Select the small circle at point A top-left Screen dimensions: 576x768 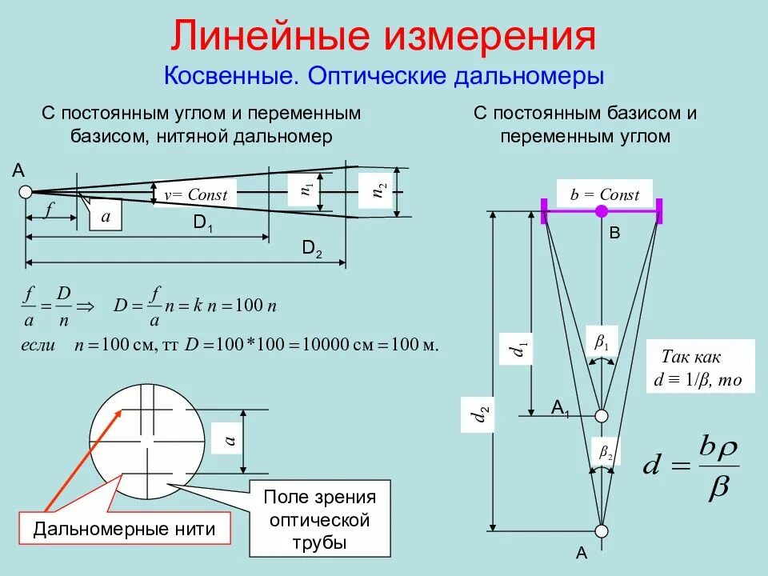(26, 192)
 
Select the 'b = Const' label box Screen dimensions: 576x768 (604, 194)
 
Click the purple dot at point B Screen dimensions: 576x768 (602, 211)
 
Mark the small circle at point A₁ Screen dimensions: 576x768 (602, 415)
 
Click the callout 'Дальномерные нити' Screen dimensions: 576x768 (124, 529)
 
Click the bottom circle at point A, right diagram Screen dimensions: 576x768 (602, 531)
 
